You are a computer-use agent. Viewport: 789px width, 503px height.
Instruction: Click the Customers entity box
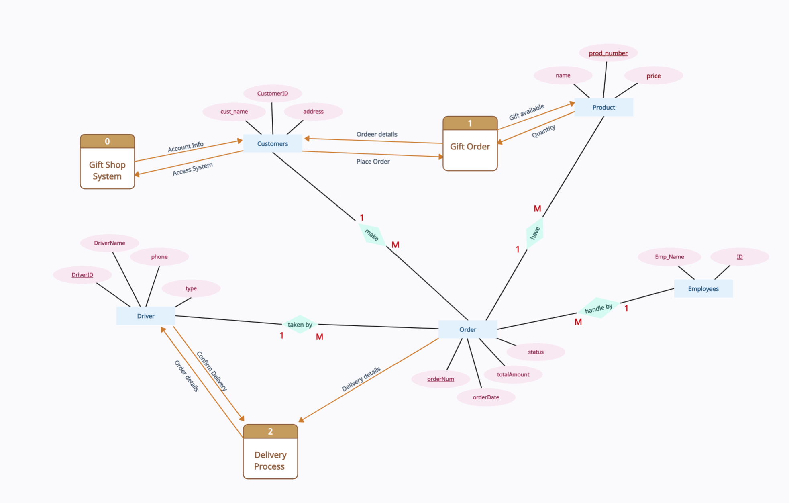(x=273, y=144)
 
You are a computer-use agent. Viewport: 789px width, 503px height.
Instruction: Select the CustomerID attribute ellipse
(x=273, y=93)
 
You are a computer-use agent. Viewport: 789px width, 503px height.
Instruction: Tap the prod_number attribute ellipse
(x=608, y=53)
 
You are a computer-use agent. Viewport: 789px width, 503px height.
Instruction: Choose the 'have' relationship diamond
(x=535, y=233)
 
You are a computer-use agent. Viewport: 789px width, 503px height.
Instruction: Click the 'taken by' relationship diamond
(x=300, y=325)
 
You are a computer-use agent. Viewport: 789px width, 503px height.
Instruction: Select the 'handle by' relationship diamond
(x=598, y=308)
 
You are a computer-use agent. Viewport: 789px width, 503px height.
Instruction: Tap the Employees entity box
(x=703, y=289)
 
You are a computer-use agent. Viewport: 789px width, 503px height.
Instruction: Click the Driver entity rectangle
(x=146, y=316)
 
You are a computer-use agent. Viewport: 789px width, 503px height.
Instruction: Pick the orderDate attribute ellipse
(x=486, y=397)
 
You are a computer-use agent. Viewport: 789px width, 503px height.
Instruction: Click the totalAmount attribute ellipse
(x=513, y=374)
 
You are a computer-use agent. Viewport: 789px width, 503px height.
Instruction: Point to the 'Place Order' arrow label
(x=373, y=162)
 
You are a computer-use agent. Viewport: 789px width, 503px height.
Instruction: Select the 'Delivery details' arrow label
(x=361, y=379)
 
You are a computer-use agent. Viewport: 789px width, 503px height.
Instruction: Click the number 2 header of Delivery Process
(x=270, y=431)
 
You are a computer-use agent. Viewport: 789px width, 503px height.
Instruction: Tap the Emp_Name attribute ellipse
(x=669, y=257)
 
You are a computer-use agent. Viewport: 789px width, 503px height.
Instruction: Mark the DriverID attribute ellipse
(x=82, y=275)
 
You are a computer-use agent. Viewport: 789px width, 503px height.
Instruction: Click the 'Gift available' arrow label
(x=526, y=112)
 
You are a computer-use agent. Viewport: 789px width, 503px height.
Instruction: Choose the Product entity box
(x=603, y=107)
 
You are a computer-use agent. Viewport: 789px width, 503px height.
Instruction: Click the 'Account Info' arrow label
(x=186, y=147)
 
